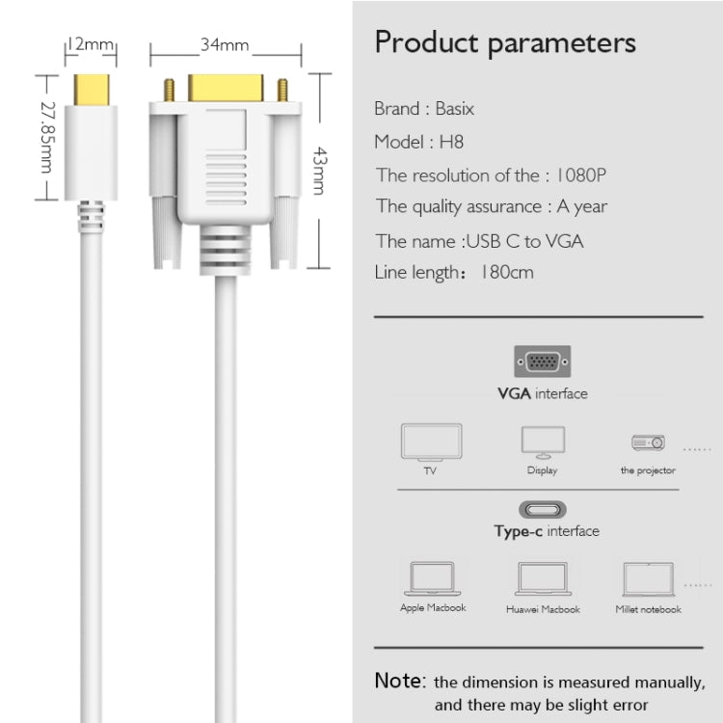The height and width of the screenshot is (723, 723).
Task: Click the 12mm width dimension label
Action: [x=91, y=44]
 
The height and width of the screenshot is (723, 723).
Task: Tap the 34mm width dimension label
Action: [x=225, y=44]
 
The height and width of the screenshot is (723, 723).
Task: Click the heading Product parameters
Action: [x=505, y=43]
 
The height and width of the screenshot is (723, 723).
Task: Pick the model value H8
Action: [x=451, y=142]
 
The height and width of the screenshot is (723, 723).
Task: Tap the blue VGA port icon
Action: [x=542, y=362]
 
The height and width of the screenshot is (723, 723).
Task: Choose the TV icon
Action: [x=431, y=443]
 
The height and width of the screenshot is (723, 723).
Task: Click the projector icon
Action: [x=648, y=442]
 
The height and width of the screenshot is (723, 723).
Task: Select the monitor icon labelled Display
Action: [x=542, y=442]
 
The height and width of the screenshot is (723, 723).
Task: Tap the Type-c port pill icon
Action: [x=543, y=509]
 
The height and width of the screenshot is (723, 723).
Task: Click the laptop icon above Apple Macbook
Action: [x=432, y=577]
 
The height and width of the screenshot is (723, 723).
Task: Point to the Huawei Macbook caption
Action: [x=543, y=609]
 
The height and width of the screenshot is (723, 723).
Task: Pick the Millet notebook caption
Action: [x=648, y=609]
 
